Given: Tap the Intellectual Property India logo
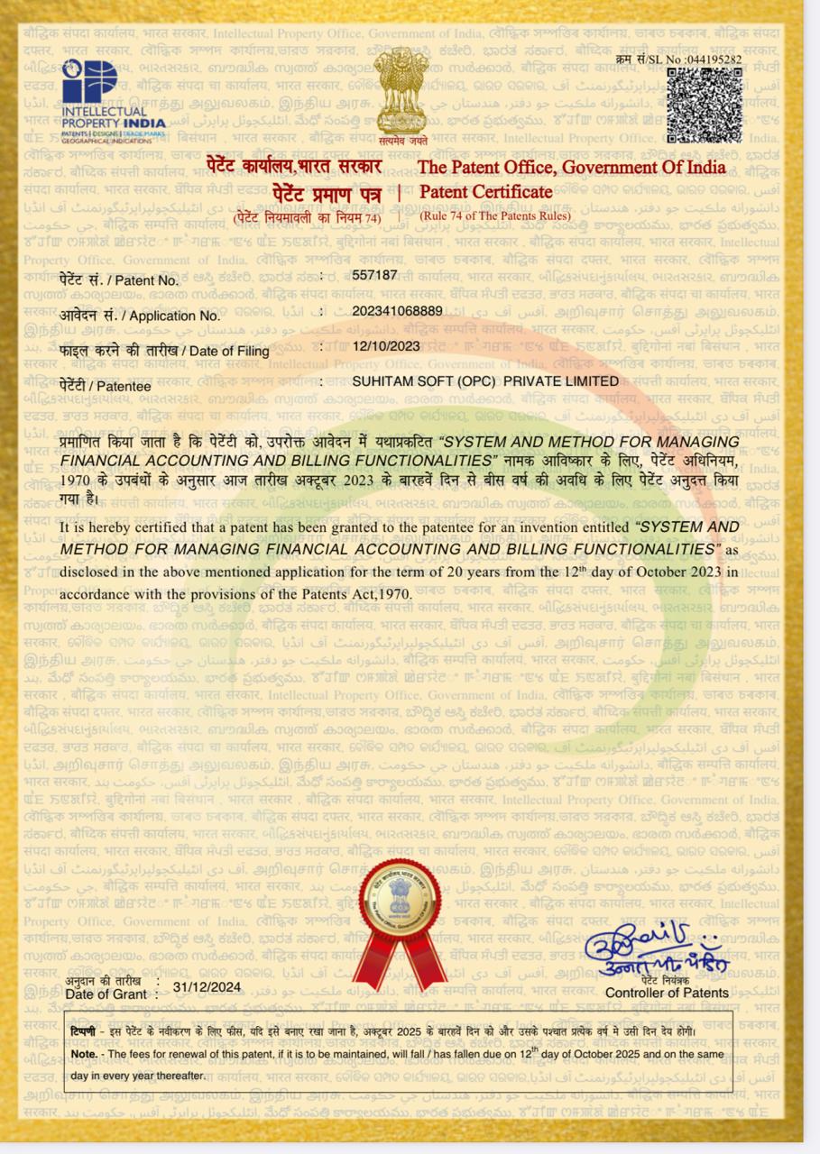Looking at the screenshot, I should click(113, 100).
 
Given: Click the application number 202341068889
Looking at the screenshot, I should click(397, 311).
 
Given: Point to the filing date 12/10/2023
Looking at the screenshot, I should click(386, 345).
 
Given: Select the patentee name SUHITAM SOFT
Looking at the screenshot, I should click(484, 381).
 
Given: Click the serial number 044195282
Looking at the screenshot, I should click(714, 60).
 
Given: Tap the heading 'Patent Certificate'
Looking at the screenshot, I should click(485, 191).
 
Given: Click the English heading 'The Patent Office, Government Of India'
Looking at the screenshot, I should click(571, 167).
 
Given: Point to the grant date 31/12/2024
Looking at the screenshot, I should click(207, 986).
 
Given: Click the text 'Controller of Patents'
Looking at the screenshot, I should click(666, 993).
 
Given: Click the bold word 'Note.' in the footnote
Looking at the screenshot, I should click(84, 1053).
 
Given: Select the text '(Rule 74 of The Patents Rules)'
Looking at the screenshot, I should click(495, 215).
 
